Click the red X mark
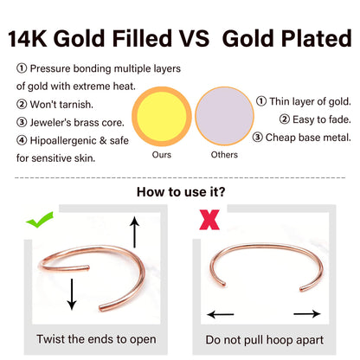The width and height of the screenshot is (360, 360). pos(208,220)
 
